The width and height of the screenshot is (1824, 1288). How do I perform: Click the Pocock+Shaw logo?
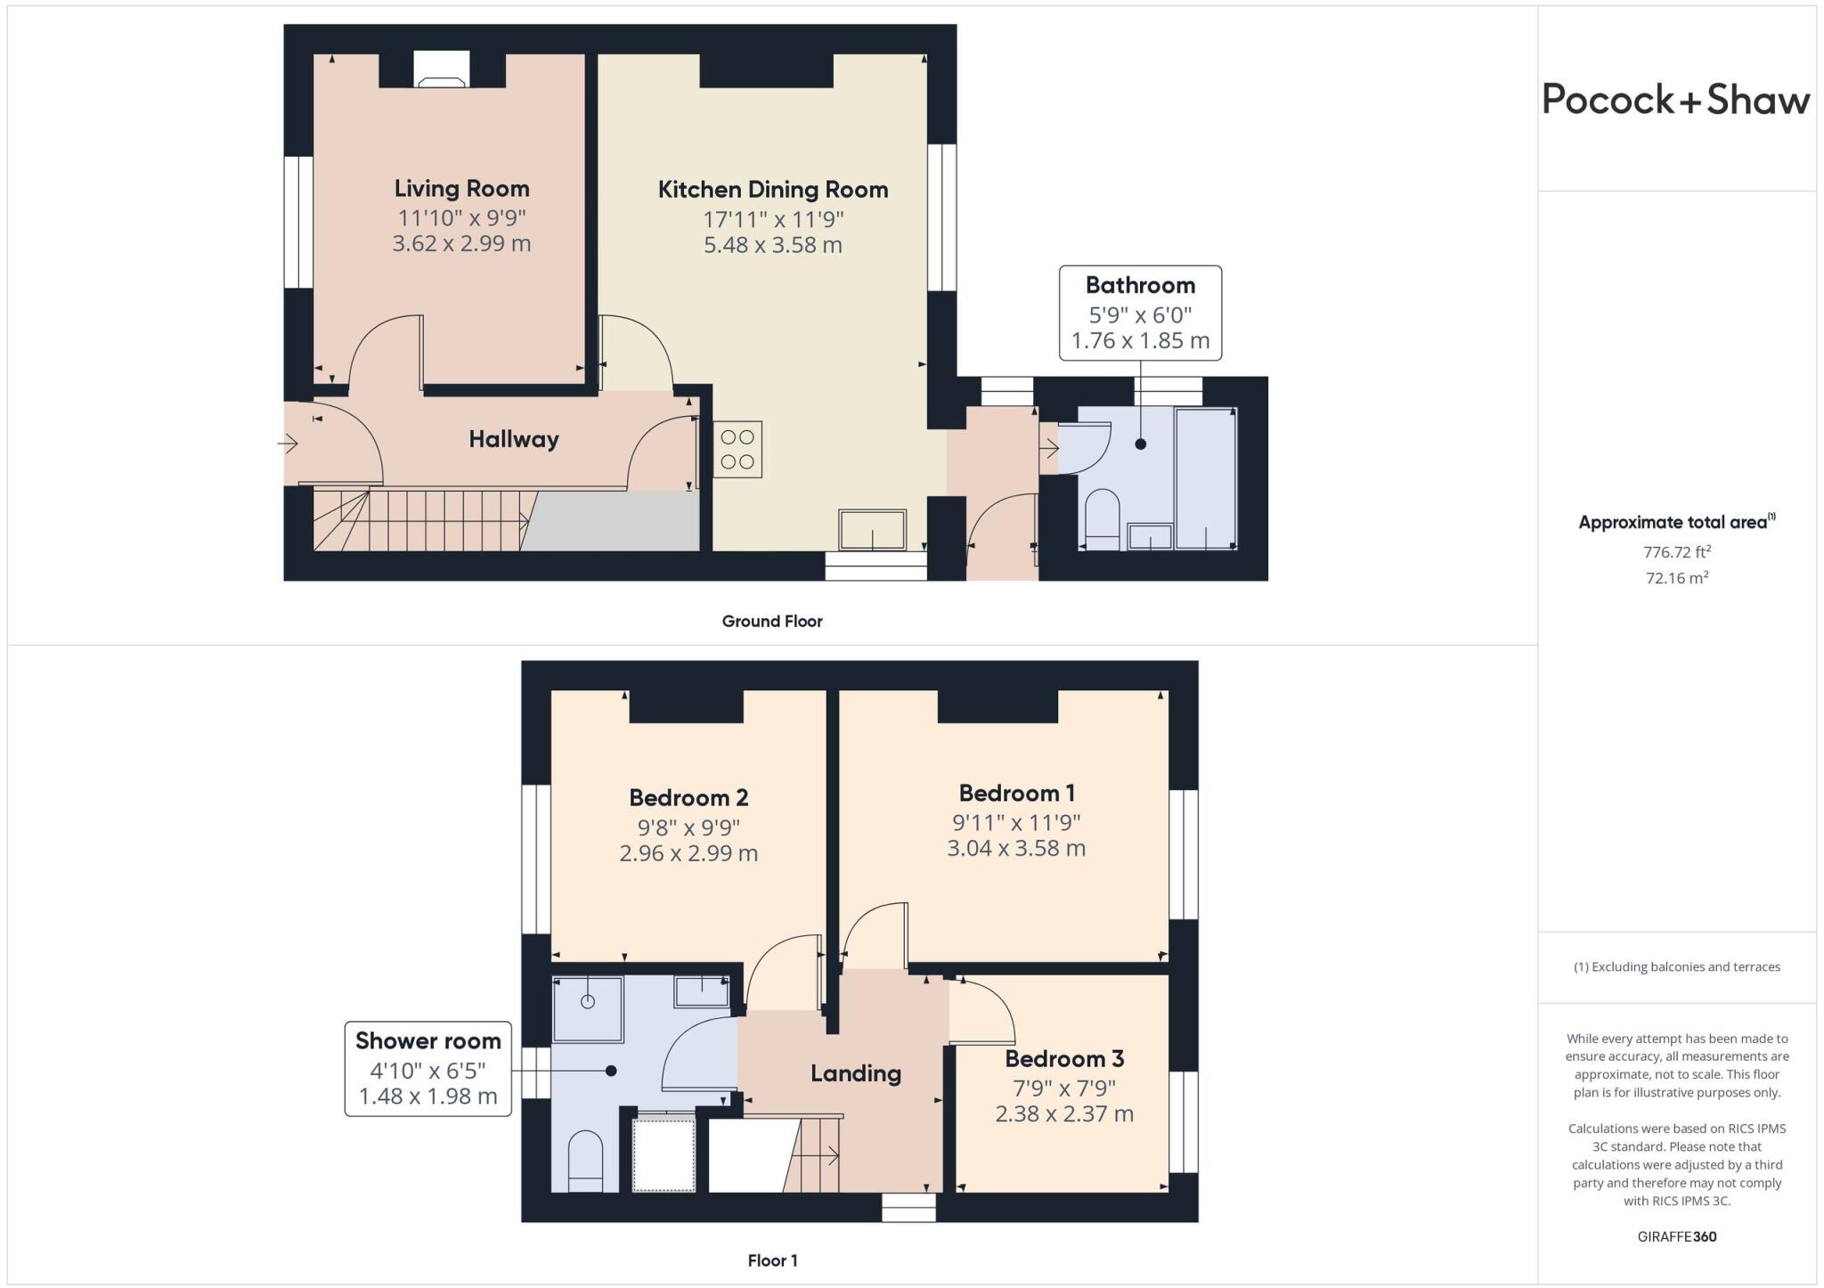tap(1675, 100)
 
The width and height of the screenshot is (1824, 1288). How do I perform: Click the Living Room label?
tap(461, 189)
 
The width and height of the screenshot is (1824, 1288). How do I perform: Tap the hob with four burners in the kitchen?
tap(737, 449)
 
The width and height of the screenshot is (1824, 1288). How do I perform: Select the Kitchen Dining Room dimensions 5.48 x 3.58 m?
tap(772, 245)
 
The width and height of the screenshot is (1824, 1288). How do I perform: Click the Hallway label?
tap(514, 439)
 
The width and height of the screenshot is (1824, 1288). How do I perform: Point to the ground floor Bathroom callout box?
tap(1140, 313)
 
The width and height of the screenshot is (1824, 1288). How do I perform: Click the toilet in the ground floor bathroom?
tap(1103, 519)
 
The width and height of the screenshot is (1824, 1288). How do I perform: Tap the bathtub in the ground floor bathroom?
tap(1205, 478)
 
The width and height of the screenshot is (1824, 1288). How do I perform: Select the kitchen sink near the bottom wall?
tap(872, 529)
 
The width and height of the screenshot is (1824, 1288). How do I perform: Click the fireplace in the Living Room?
tap(443, 70)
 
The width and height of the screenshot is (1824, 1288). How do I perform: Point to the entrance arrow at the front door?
tap(288, 443)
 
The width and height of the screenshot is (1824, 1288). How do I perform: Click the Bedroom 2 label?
tap(688, 797)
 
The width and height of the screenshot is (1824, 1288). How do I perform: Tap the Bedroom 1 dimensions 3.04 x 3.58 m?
tap(1015, 848)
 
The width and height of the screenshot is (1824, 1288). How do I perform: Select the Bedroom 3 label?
tap(1064, 1059)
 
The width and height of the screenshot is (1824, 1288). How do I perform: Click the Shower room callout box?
tap(428, 1068)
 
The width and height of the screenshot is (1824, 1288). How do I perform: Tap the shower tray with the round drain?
tap(588, 1008)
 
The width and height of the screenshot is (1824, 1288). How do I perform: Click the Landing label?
tap(855, 1073)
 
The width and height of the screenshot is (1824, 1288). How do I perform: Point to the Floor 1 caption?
tap(772, 1260)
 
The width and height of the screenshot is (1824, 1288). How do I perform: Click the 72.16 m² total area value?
tap(1676, 578)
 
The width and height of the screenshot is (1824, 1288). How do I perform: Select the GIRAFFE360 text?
tap(1676, 1236)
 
